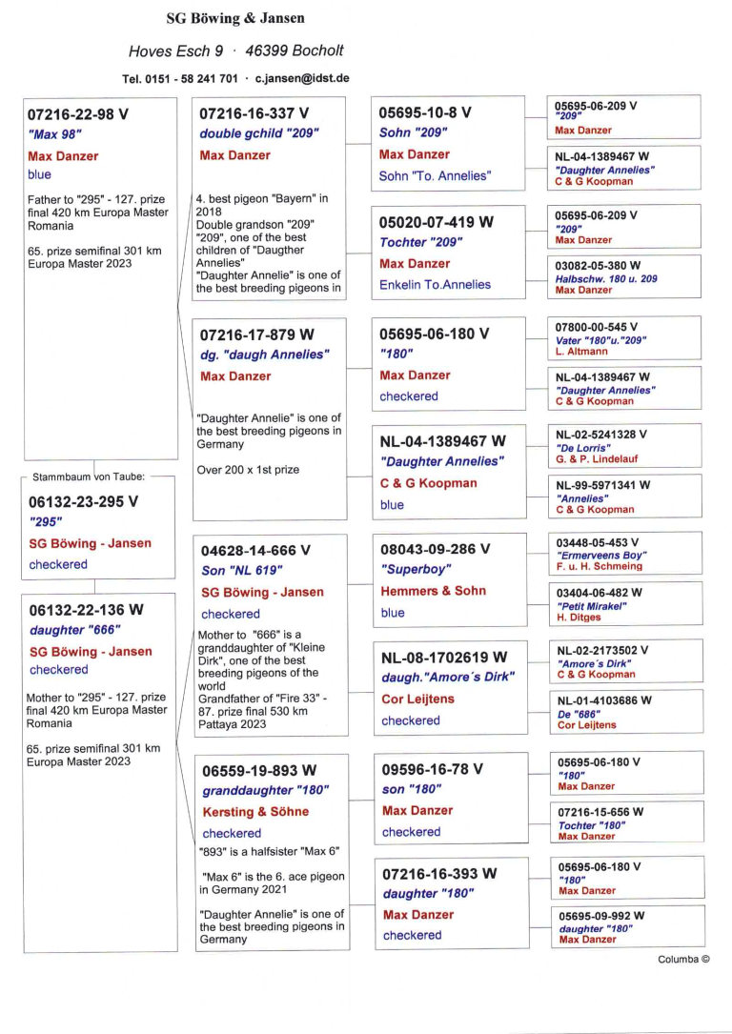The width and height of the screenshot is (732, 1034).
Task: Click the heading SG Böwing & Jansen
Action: click(235, 18)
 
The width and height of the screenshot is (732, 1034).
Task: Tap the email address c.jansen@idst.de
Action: click(301, 78)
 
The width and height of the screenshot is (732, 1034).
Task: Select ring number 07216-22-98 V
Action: click(78, 114)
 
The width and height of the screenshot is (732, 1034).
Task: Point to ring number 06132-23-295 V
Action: click(83, 500)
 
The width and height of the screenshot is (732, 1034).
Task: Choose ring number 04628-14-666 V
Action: click(255, 550)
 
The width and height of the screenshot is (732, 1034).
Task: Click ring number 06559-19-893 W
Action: click(258, 770)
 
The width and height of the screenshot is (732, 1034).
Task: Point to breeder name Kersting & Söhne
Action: click(255, 812)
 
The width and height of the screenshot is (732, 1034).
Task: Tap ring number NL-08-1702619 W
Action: click(443, 657)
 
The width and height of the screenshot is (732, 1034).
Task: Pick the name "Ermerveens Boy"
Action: click(601, 555)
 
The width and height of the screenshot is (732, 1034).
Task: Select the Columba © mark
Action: click(683, 960)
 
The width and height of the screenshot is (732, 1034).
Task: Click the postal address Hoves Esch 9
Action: click(176, 51)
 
